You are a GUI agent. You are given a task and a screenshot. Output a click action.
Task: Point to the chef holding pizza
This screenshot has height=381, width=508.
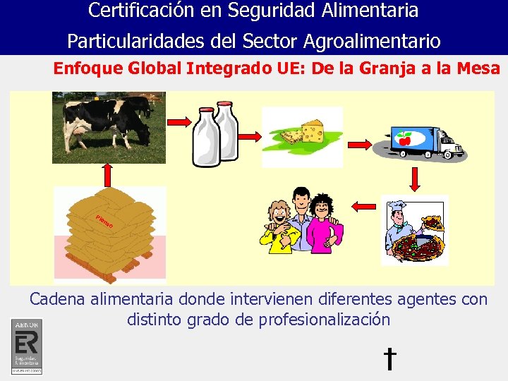point(414,229)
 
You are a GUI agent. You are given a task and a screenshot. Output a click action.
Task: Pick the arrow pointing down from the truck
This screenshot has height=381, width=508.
point(414,178)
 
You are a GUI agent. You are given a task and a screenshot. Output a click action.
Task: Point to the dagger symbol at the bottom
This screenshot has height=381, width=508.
point(389,358)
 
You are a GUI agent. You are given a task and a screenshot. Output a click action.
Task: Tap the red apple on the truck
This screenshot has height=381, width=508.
point(404,136)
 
